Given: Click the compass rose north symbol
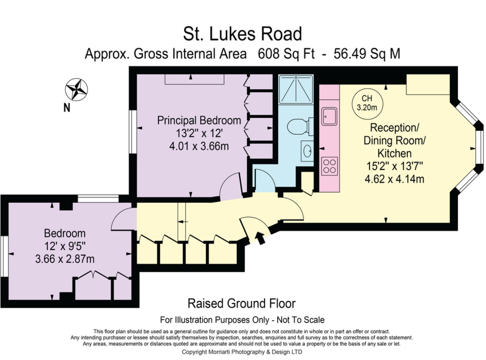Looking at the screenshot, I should click(76, 89).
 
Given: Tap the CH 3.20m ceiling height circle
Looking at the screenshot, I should click(367, 103).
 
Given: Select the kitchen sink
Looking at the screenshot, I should click(329, 116).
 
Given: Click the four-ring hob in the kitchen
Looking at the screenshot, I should click(330, 166).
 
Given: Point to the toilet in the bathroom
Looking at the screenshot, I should click(300, 127).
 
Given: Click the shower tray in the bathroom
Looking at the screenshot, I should click(296, 89).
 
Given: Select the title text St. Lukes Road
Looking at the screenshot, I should click(242, 34).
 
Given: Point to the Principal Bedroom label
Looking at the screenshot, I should click(199, 120).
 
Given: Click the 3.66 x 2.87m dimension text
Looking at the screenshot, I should click(65, 259).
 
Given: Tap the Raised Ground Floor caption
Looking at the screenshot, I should click(241, 303).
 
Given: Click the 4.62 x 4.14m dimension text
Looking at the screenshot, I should click(394, 179).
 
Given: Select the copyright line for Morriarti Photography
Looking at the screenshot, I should click(242, 352).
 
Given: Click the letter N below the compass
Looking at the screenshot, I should click(67, 108).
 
